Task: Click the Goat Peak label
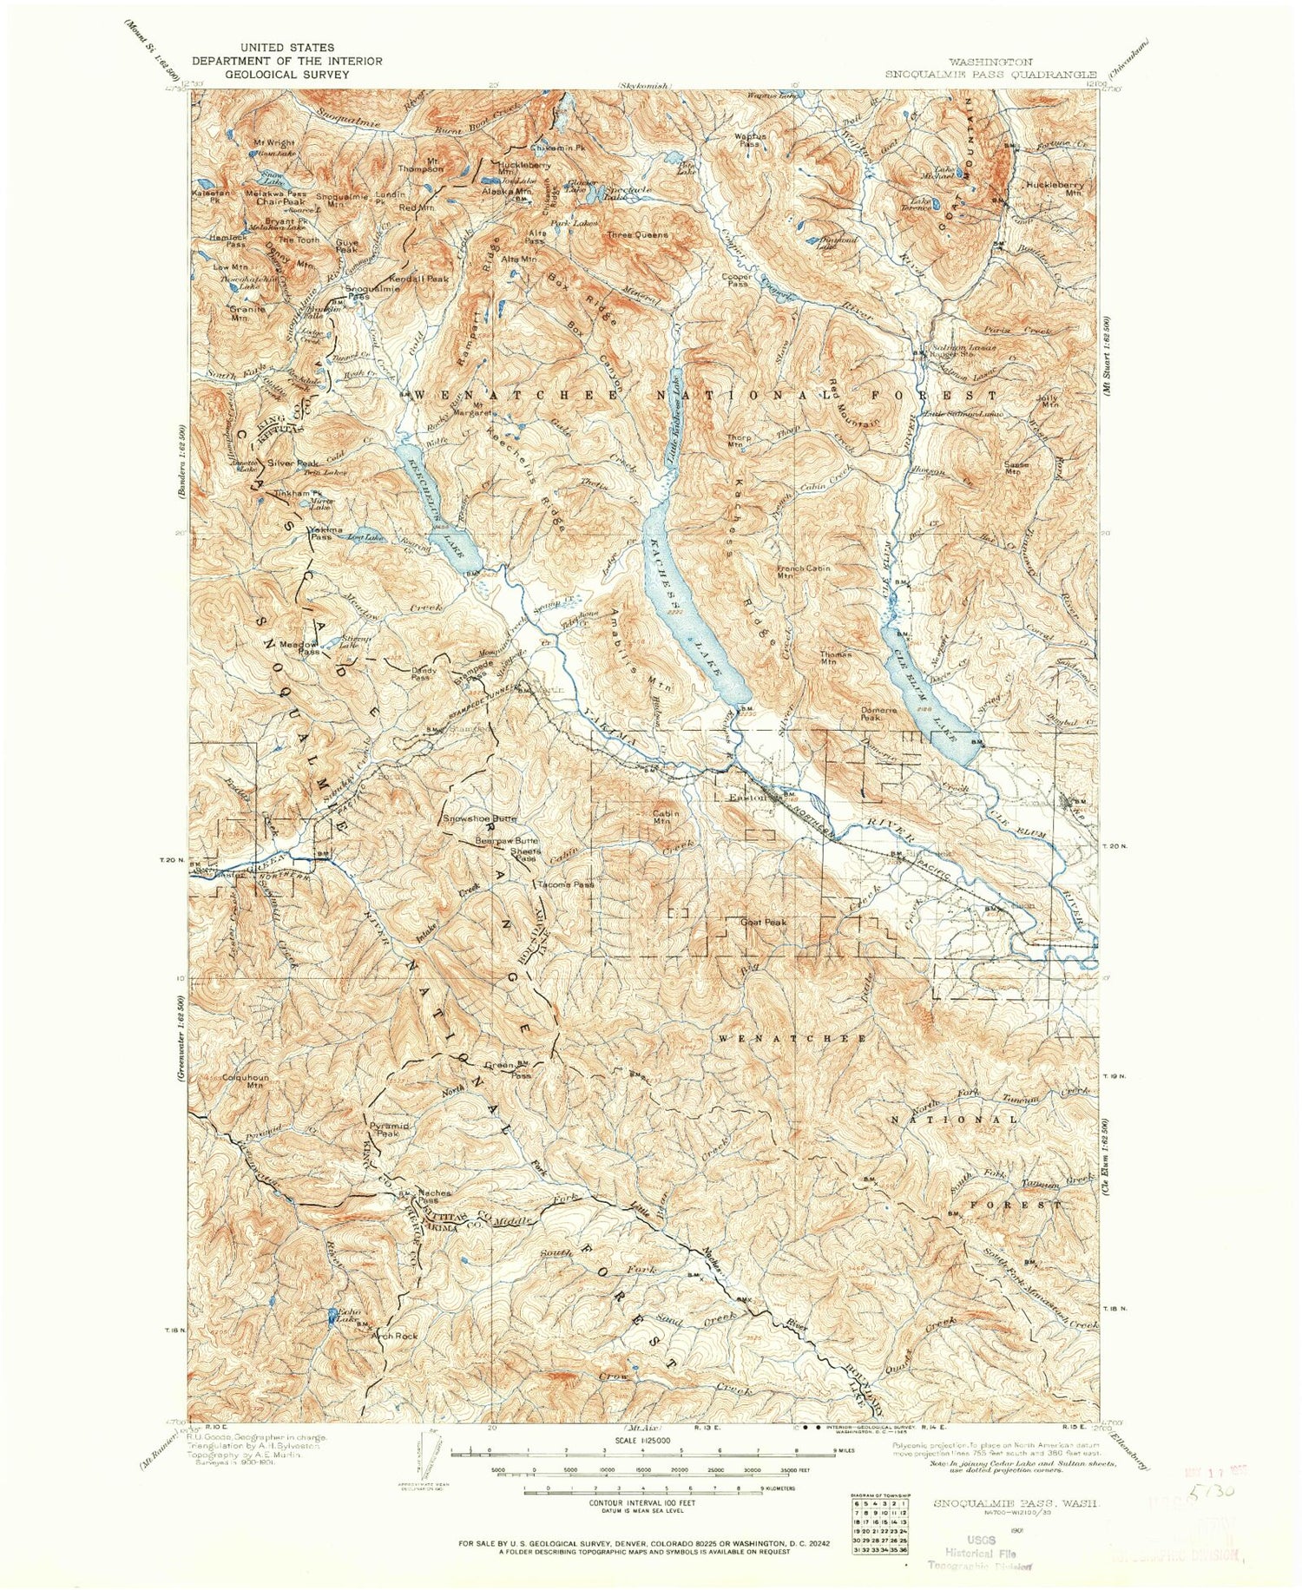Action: [762, 923]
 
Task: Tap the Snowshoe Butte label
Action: [480, 818]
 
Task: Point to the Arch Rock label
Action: [395, 1336]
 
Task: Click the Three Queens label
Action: [637, 234]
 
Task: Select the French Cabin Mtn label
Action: [803, 572]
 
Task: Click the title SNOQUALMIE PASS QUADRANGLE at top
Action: [990, 75]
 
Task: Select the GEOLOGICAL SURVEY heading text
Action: [286, 75]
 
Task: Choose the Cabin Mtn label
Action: [664, 816]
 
